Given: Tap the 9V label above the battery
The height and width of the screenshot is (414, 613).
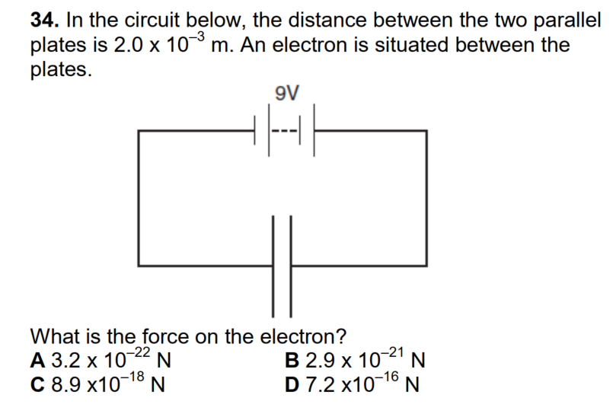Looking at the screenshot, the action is click(x=286, y=94).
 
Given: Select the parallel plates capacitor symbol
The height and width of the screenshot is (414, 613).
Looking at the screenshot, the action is click(x=282, y=266).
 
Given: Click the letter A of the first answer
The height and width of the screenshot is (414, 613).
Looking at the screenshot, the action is click(x=37, y=358).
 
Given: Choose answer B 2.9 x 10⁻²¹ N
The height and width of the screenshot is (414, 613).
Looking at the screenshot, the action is click(x=354, y=358).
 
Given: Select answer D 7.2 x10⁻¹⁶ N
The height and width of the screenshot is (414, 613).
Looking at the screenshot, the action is click(x=354, y=381).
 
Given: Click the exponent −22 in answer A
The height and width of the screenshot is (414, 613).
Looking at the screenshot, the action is click(x=139, y=351).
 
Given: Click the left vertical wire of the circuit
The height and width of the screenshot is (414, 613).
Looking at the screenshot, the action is click(x=139, y=198).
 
